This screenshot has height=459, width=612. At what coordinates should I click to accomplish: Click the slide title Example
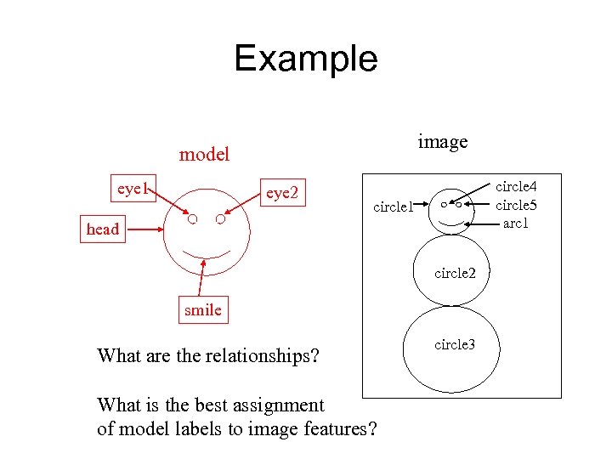point(305,59)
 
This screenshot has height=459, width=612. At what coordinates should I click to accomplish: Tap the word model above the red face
point(204,155)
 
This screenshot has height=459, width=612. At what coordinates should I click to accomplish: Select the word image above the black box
point(442,141)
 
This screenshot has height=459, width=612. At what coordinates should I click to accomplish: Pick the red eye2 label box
point(282,193)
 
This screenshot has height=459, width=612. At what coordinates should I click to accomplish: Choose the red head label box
point(103,229)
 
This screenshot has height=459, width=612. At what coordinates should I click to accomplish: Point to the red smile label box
point(202,310)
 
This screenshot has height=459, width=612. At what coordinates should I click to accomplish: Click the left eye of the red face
point(193,219)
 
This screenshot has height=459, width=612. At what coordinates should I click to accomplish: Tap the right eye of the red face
point(220,219)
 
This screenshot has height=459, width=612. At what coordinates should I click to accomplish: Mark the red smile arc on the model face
point(207,254)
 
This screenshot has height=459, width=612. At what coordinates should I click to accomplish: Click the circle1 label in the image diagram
point(394,206)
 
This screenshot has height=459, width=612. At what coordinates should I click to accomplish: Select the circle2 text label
point(455,274)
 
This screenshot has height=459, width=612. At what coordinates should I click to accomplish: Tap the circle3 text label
point(455,344)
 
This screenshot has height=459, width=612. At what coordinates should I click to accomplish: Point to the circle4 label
point(516,187)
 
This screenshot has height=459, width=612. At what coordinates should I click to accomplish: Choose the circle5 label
point(516,205)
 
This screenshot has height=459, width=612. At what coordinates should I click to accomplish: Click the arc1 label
point(516,223)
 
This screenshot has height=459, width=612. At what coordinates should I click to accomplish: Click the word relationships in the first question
point(261,355)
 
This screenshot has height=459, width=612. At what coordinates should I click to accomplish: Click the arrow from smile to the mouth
point(202,280)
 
